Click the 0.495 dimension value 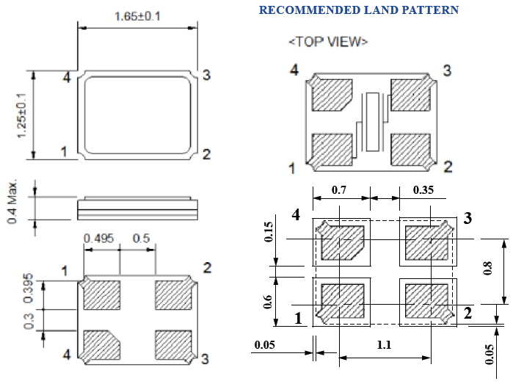click(99, 239)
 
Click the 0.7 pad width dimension click(340, 190)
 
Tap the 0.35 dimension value click(423, 190)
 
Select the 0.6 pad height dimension click(268, 302)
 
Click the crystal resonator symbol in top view click(374, 120)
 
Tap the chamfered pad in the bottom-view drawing click(101, 344)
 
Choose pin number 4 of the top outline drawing click(67, 76)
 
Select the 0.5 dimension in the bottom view click(141, 239)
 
